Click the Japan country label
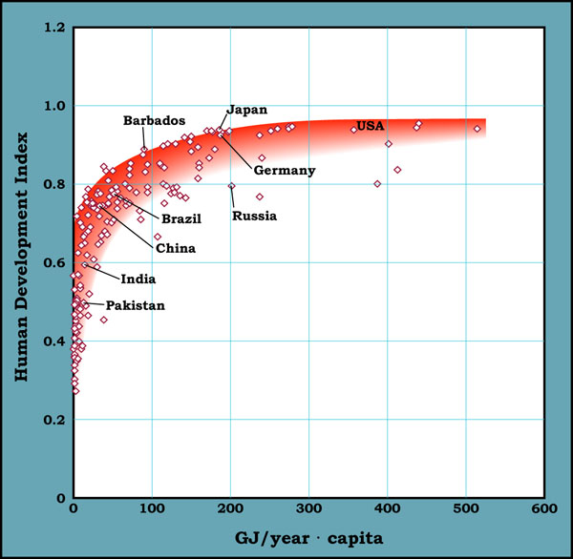click(x=246, y=109)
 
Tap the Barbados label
click(x=154, y=121)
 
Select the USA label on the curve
click(x=370, y=127)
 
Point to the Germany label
click(x=284, y=171)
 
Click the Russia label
click(x=254, y=216)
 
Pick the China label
click(x=176, y=249)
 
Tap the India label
click(x=138, y=279)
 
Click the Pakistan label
click(x=135, y=306)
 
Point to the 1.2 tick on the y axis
click(x=53, y=28)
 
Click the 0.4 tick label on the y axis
click(x=53, y=342)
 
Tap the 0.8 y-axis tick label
click(x=53, y=184)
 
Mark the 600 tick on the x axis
click(x=544, y=509)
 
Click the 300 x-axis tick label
click(x=309, y=509)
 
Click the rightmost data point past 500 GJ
click(x=477, y=128)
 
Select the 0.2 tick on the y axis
click(x=53, y=420)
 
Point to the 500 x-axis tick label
click(x=466, y=509)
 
